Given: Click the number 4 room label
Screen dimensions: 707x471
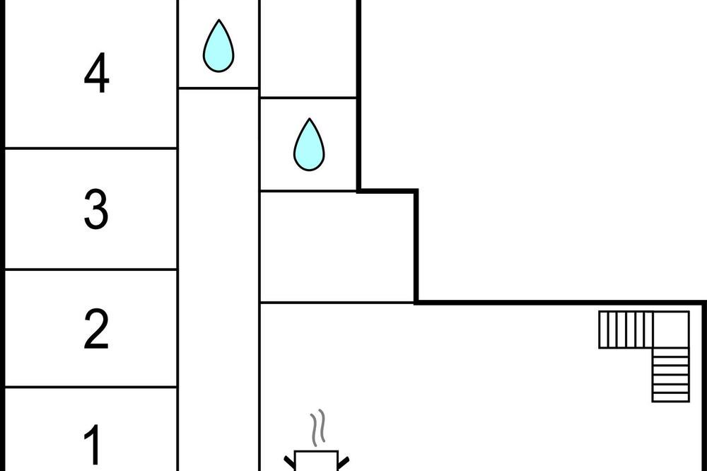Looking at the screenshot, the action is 96,73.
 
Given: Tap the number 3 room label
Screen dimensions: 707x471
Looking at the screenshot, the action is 96,209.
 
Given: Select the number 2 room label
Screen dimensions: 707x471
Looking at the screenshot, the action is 96,329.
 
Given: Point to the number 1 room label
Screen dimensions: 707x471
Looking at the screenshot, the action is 93,444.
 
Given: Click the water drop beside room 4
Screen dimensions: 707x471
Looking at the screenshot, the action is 218,45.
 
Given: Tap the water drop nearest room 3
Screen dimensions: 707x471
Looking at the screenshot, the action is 310,144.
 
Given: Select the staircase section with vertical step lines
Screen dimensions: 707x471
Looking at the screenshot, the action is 626,330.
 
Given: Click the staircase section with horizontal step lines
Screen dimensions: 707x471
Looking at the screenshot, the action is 671,375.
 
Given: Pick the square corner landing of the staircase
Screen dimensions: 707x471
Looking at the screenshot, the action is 671,330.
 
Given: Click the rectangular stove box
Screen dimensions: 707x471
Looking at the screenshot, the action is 316,460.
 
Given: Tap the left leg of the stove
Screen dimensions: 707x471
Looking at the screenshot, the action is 289,463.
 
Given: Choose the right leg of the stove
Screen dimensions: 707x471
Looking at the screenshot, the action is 344,463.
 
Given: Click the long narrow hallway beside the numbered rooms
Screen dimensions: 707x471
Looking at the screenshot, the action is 218,280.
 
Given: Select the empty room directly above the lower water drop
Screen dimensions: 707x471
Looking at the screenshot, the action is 308,48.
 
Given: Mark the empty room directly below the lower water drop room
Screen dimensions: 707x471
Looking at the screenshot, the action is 337,246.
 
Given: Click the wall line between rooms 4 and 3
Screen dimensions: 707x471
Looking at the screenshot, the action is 90,148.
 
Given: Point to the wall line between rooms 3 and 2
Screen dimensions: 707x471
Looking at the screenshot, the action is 90,269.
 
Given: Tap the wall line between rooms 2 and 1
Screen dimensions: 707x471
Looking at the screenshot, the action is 90,387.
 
